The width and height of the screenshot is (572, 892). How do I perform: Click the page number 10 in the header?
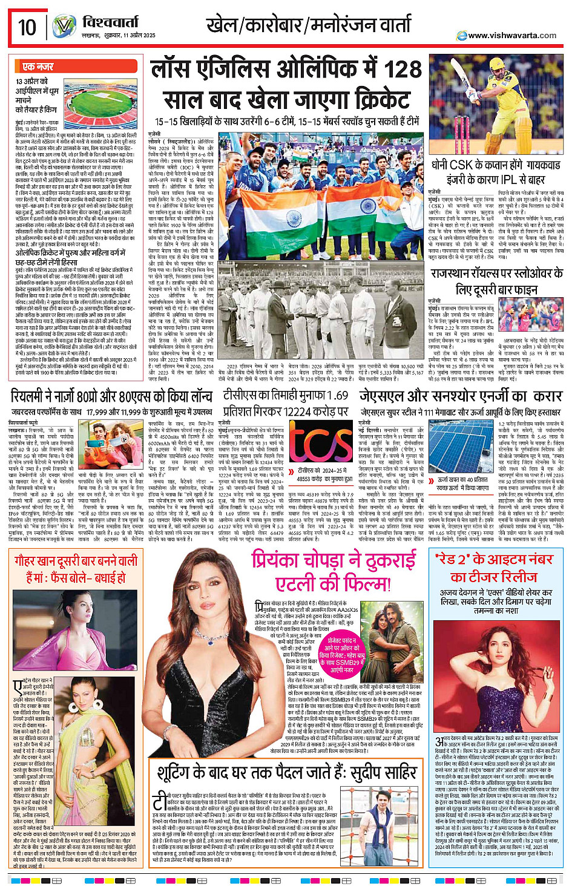[x=27, y=27]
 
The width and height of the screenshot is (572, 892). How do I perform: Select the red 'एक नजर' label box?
[x=38, y=67]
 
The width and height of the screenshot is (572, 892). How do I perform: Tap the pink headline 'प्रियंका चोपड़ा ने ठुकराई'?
[x=333, y=560]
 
